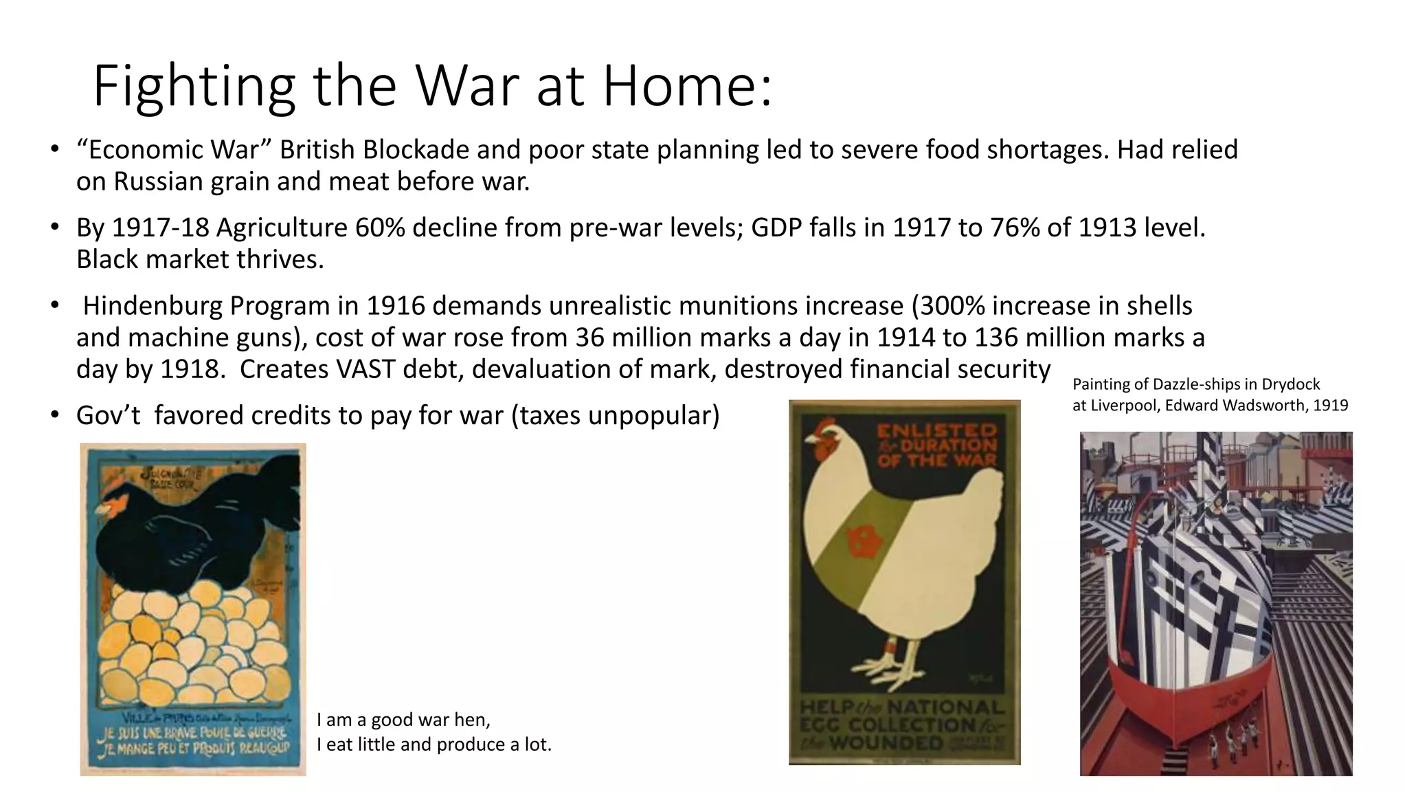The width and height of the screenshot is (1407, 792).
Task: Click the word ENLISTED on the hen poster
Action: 936,431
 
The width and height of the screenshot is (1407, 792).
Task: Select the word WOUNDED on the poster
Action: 886,743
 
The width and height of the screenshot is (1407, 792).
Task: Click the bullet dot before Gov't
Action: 54,415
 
